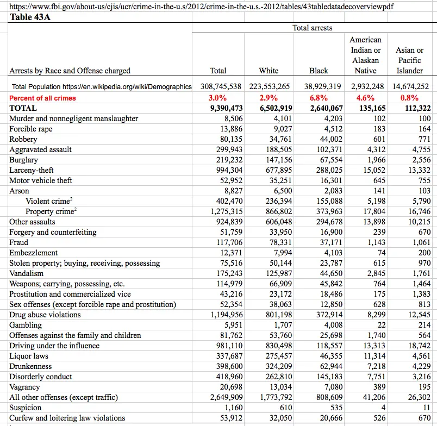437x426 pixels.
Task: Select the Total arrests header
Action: click(312, 28)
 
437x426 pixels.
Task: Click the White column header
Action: click(269, 71)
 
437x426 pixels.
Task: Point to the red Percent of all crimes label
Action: click(42, 98)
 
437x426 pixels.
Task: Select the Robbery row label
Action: click(23, 139)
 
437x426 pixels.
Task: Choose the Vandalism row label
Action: click(27, 273)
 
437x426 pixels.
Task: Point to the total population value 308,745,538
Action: click(221, 86)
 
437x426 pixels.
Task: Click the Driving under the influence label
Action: click(54, 346)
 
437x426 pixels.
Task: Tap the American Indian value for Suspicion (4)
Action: click(383, 408)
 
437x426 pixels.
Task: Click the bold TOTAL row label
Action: click(23, 108)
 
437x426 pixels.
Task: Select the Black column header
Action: click(319, 71)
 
